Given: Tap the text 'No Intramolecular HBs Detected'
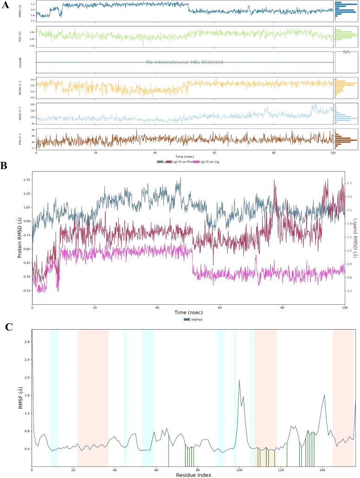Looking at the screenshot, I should (185, 62).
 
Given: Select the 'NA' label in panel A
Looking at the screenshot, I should (346, 52).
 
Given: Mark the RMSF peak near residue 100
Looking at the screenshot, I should (239, 381).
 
